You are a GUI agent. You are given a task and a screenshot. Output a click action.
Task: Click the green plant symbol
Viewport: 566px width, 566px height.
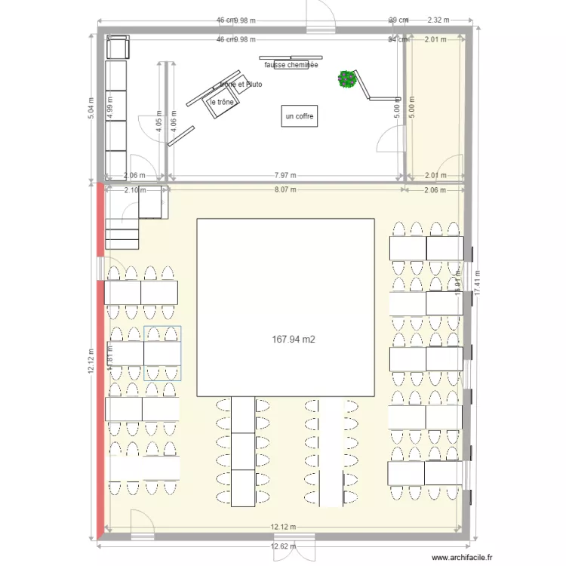(347, 78)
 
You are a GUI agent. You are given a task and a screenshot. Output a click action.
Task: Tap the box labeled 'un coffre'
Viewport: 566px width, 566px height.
(299, 116)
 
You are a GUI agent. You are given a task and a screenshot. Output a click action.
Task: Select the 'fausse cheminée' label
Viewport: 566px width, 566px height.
(291, 65)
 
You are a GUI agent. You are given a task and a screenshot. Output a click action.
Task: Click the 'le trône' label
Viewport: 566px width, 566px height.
(222, 102)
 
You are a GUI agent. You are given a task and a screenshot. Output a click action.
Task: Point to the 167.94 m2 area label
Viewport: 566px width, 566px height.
(293, 340)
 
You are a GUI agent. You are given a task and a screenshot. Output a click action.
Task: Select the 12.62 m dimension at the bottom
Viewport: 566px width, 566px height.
(284, 546)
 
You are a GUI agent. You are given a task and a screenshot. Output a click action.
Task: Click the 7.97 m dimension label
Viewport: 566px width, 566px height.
(284, 175)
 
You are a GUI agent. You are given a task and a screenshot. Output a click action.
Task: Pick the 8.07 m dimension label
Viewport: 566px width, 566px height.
(284, 190)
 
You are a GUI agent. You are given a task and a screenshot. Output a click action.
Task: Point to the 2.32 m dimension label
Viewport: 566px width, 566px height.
(438, 20)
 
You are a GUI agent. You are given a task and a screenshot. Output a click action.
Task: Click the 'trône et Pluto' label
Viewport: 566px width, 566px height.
(241, 85)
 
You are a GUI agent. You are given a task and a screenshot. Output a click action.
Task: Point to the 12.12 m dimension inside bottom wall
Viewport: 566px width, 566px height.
(284, 527)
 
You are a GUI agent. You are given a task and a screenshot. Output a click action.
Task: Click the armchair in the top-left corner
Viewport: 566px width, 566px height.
(118, 48)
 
